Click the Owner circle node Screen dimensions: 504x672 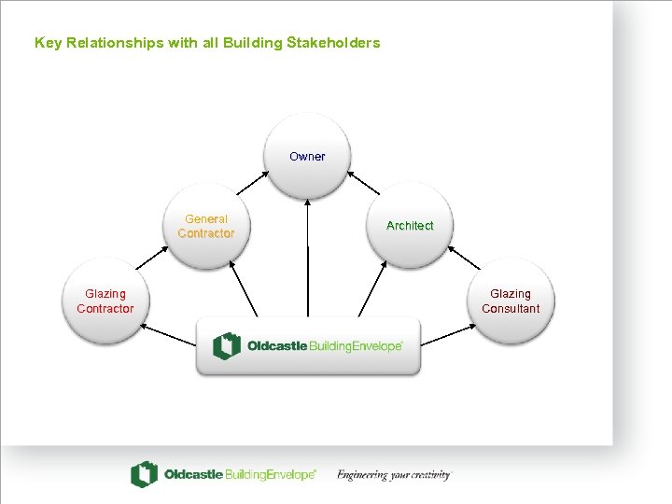coord(307,157)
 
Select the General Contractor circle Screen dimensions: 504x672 coord(206,227)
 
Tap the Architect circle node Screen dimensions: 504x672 coord(410,226)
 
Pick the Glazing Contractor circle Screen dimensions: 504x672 coord(105,301)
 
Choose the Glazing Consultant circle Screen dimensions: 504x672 coord(511,301)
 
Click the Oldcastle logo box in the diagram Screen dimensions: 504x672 coord(308,346)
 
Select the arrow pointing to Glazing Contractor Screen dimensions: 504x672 coord(167,334)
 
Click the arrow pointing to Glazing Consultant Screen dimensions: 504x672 coord(449,334)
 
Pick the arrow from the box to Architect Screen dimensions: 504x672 coord(372,290)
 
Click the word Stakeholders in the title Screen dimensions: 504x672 coord(334,43)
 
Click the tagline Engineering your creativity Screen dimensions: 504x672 coord(394,475)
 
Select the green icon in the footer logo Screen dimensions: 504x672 coord(144,475)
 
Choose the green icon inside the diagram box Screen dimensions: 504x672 coord(227,346)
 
